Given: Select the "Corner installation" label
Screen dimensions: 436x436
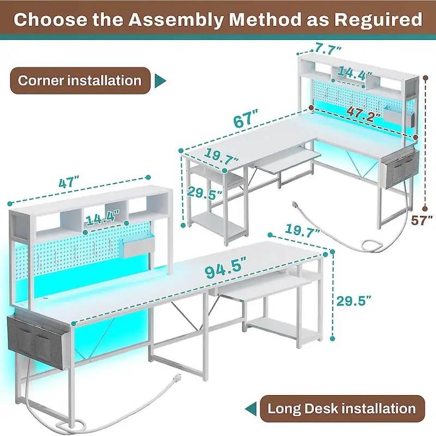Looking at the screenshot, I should point(80,81).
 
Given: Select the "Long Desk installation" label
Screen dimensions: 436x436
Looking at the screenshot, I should point(341,408).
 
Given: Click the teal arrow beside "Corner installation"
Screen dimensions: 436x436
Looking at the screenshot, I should point(160,81).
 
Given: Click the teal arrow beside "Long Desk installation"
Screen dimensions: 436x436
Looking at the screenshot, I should point(251,408).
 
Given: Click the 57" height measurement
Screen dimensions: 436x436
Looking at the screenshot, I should point(422,220).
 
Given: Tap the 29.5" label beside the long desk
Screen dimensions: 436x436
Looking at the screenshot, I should point(354,299).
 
